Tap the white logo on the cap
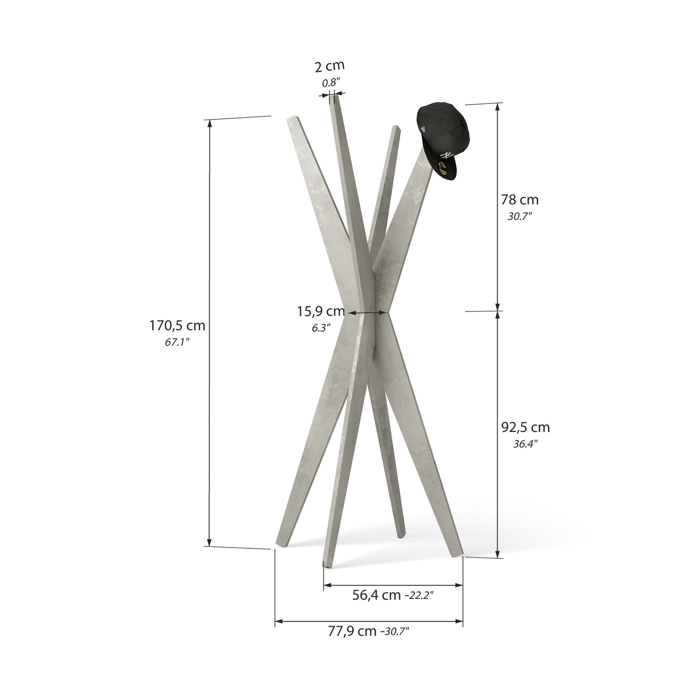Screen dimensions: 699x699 click(x=446, y=156)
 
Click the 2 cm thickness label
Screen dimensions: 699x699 click(x=329, y=66)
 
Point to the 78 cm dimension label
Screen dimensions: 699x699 click(x=519, y=200)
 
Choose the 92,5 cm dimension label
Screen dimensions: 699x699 click(x=525, y=427)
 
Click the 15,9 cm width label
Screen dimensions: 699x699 click(x=321, y=311)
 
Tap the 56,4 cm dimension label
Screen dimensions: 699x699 click(x=376, y=595)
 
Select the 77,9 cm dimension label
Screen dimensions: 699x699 click(x=352, y=631)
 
